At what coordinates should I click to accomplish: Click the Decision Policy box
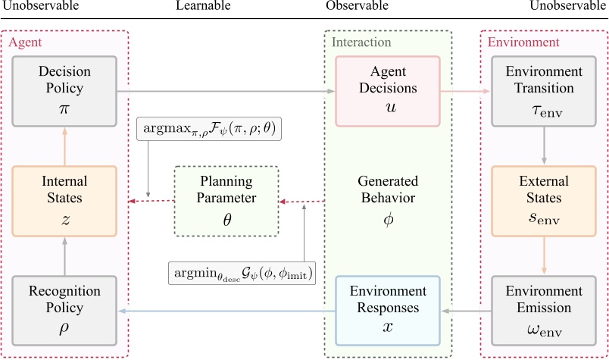tap(64, 90)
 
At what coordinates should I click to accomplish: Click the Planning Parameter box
tap(226, 201)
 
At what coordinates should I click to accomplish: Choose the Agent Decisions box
tap(387, 90)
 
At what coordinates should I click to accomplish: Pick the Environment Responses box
tap(387, 311)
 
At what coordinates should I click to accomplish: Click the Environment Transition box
tap(544, 90)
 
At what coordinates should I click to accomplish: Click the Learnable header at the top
tap(198, 6)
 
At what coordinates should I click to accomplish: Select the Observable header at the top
tap(357, 6)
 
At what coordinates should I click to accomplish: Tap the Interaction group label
tap(361, 42)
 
